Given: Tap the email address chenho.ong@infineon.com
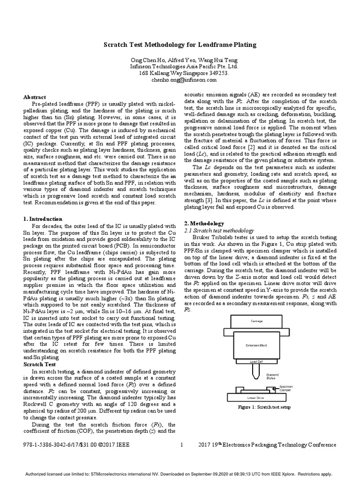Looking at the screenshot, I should coord(180,80).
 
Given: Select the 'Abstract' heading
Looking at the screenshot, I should coord(35,97).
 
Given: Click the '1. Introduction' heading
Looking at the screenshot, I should coord(43,218).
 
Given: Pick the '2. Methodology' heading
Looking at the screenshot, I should coord(204,224).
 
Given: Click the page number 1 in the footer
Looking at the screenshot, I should coord(181,445).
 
